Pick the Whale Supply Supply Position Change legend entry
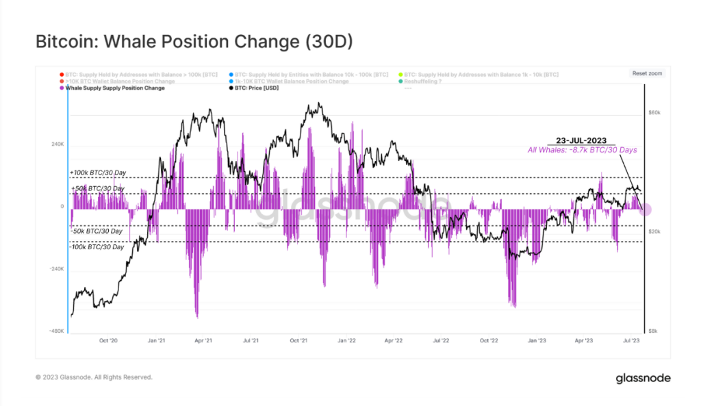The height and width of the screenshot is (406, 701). (114, 88)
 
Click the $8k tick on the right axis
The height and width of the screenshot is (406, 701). (654, 331)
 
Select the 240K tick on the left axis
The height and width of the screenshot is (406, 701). (57, 144)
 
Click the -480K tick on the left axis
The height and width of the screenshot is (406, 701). (55, 331)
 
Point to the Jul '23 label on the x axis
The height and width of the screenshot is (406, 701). (630, 340)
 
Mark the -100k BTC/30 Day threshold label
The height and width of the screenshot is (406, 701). (97, 246)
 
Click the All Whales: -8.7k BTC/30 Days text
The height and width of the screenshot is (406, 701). (582, 149)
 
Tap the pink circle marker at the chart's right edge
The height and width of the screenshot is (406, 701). (646, 210)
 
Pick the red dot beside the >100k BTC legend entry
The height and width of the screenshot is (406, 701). (61, 74)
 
